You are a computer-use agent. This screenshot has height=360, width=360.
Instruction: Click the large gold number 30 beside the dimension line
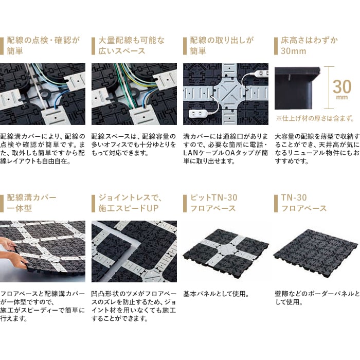[x=342, y=86]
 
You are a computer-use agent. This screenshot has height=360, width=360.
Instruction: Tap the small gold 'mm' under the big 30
[x=342, y=97]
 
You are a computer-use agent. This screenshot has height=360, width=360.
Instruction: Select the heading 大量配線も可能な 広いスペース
[x=132, y=45]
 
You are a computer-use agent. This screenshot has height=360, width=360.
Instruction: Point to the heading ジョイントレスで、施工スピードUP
[x=130, y=203]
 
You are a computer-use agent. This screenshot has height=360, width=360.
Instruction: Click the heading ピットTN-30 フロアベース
[x=213, y=203]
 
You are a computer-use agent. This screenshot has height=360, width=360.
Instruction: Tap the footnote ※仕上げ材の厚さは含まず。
[x=315, y=118]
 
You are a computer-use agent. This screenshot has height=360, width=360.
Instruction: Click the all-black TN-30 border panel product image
[x=316, y=251]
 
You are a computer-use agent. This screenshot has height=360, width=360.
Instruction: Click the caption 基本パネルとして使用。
[x=216, y=294]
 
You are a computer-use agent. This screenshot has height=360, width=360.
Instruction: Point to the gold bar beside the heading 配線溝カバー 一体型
[x=2, y=204]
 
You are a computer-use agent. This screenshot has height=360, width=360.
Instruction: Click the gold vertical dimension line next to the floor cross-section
[x=329, y=87]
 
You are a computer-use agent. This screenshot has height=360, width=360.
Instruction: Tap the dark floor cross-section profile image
[x=297, y=88]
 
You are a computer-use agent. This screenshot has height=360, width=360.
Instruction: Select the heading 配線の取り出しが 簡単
[x=222, y=45]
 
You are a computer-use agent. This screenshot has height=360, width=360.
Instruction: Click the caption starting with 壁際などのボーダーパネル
[x=317, y=298]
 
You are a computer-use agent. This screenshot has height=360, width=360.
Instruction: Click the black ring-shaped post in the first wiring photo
[x=45, y=94]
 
